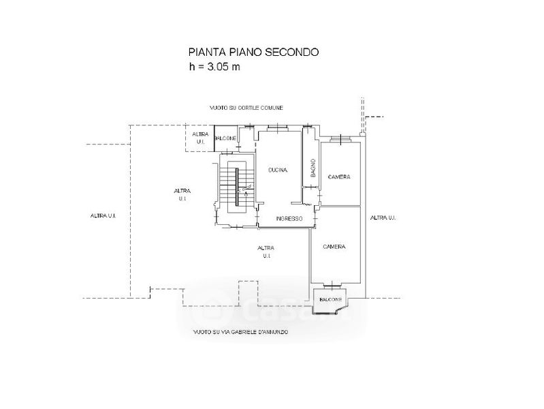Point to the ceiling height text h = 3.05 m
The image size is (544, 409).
(x=215, y=67)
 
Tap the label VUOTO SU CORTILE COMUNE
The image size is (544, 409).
(x=246, y=108)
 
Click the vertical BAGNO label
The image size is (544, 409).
(x=313, y=168)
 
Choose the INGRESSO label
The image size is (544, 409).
(x=289, y=218)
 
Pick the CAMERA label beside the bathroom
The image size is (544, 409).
(x=339, y=177)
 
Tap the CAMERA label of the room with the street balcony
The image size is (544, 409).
(x=334, y=247)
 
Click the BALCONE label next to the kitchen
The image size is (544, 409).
(x=225, y=139)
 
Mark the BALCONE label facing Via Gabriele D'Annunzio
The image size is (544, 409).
(x=330, y=299)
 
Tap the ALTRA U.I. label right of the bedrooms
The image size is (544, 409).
(x=383, y=217)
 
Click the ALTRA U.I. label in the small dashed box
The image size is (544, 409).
(x=200, y=138)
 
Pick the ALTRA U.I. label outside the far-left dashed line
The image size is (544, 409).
(x=102, y=216)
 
